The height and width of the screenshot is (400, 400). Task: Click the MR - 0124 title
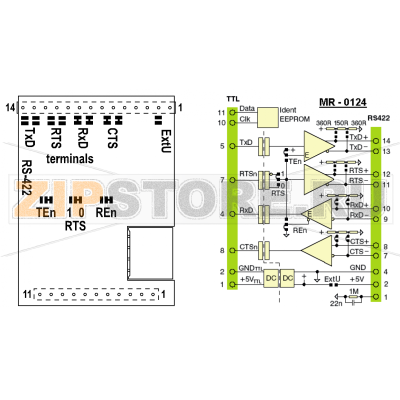[x=343, y=102]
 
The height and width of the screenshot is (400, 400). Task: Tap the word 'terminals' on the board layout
[x=70, y=159]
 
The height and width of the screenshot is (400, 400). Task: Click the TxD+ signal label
[x=358, y=137]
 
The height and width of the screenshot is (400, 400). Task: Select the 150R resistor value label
[x=341, y=123]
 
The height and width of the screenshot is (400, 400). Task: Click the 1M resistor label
[x=354, y=291]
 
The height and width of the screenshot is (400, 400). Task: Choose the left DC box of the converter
[x=270, y=278]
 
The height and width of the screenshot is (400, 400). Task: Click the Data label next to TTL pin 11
[x=247, y=108]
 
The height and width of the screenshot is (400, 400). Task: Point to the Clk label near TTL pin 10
[x=245, y=119]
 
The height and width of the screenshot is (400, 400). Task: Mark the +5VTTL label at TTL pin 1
[x=251, y=279]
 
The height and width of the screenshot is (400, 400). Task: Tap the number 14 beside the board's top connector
[x=10, y=107]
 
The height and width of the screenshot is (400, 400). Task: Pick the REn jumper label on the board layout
[x=105, y=212]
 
